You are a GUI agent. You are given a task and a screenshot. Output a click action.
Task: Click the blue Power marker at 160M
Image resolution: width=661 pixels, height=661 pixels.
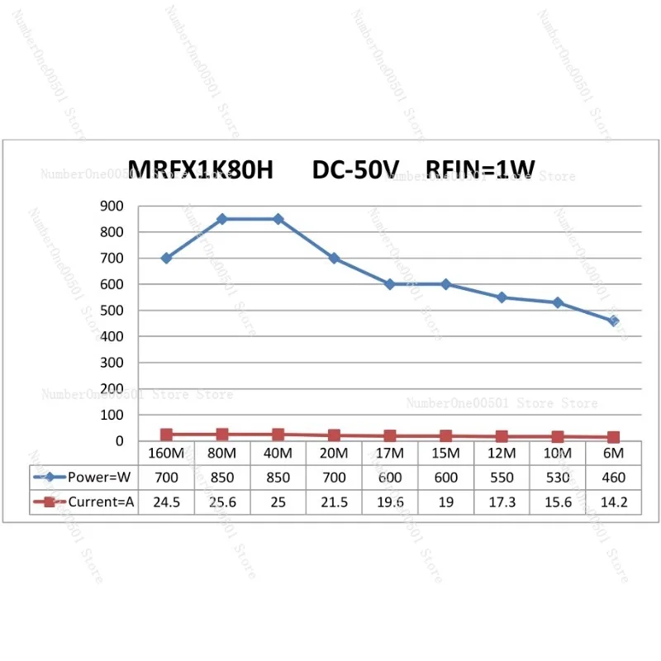pos(166,258)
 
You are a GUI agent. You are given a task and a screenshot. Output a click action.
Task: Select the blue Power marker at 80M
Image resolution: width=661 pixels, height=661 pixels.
pos(222,219)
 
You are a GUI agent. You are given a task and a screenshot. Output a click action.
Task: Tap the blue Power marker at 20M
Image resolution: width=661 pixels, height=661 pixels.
pos(334,258)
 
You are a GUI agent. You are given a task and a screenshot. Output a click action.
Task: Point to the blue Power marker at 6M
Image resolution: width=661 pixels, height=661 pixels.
pos(613,321)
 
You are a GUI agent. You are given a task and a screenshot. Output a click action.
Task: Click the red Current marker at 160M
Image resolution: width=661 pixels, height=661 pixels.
pos(166,435)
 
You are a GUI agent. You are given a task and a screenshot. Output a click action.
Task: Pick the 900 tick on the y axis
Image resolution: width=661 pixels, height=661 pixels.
pos(112,206)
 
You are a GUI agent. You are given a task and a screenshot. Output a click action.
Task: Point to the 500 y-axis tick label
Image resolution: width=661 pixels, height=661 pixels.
pos(112,311)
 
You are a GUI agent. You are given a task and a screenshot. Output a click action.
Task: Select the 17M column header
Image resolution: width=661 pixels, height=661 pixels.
pos(390,454)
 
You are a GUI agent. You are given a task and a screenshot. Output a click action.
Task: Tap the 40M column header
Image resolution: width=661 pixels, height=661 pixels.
pos(278,454)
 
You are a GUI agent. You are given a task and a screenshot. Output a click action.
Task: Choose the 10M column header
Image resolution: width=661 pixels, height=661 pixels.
pos(558,454)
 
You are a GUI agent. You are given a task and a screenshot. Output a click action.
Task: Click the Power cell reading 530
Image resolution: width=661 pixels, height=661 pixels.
pos(558,477)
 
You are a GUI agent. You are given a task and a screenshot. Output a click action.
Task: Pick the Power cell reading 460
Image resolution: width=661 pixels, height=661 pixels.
pos(613,477)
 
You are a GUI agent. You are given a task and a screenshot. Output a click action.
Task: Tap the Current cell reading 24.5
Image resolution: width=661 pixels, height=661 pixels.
pos(166,501)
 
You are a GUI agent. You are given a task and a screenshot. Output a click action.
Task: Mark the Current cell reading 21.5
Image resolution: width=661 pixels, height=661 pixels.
pos(334,501)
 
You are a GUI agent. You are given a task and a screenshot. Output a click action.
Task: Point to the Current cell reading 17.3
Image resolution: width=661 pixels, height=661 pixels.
pos(502,501)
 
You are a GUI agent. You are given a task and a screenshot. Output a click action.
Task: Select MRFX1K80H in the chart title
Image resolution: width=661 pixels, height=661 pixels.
pos(202,170)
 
